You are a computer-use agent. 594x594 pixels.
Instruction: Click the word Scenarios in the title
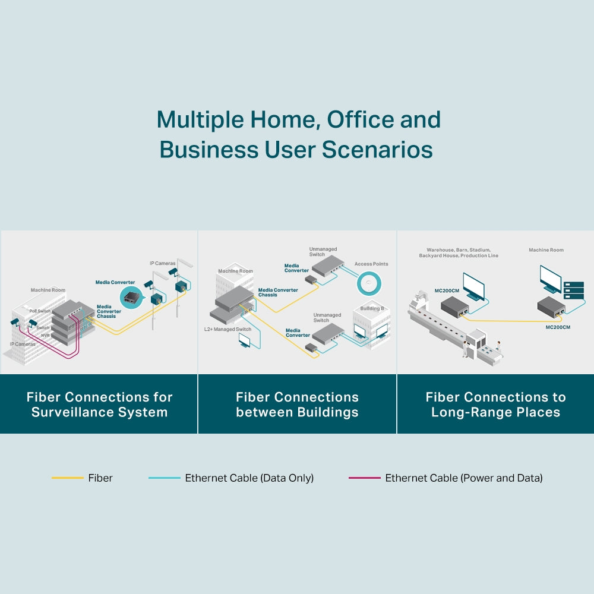[x=377, y=150]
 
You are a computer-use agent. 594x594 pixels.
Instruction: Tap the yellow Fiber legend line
[x=68, y=478]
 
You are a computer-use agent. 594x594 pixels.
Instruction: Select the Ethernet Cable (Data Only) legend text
[x=249, y=478]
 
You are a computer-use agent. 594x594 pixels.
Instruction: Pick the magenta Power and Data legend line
[x=364, y=478]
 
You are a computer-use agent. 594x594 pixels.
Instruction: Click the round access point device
[x=371, y=282]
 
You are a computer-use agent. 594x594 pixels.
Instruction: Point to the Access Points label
[x=371, y=264]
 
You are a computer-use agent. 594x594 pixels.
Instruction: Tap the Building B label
[x=372, y=309]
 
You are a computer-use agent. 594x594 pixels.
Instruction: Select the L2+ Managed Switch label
[x=228, y=329]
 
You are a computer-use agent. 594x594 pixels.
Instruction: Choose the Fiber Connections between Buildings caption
[x=297, y=405]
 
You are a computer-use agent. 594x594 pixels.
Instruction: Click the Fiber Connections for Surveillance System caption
[x=99, y=405]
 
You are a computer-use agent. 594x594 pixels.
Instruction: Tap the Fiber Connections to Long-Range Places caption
[x=495, y=405]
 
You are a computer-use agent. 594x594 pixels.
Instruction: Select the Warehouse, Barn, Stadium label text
[x=459, y=250]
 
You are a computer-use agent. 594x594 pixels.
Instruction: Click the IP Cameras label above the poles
[x=162, y=263]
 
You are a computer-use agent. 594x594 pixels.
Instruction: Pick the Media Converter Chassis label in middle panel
[x=278, y=292]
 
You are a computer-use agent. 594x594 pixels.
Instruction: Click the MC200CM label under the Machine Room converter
[x=558, y=327]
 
